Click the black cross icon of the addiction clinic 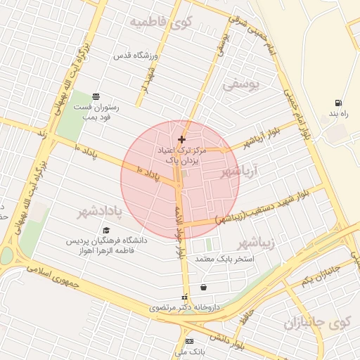[x=181, y=140]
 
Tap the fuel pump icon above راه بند [x=340, y=103]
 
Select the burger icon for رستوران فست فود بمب [x=96, y=97]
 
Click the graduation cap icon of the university [x=106, y=230]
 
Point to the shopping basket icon [x=203, y=287]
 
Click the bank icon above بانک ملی [x=188, y=340]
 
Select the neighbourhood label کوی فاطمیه [x=161, y=22]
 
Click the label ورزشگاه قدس [x=136, y=55]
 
